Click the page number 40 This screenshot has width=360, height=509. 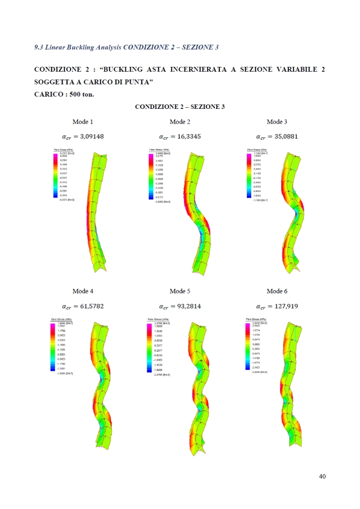[322, 476]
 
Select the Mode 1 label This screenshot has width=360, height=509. [83, 122]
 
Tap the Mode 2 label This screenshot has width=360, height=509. [180, 122]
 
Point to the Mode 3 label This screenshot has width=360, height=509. [277, 122]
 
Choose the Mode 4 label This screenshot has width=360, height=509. [83, 291]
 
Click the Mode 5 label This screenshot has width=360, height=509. [180, 291]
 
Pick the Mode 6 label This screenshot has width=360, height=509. [277, 291]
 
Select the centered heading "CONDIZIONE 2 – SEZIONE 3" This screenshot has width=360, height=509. [180, 107]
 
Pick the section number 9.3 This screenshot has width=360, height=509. [38, 47]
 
